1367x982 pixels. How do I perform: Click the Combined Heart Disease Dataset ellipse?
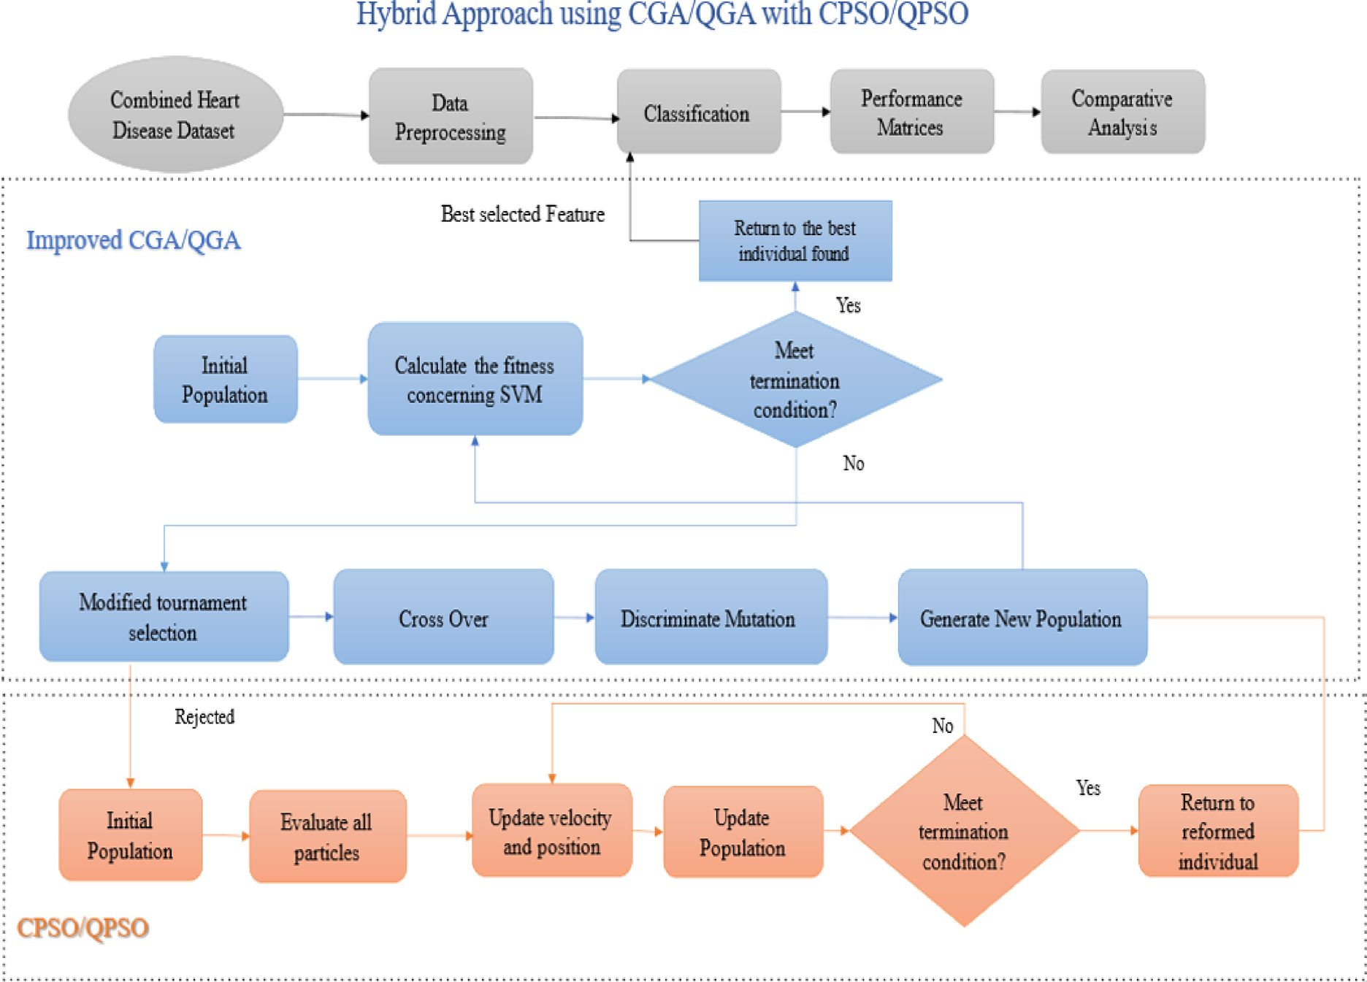point(175,115)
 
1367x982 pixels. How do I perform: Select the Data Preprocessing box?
point(451,117)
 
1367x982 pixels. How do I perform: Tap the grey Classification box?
point(698,113)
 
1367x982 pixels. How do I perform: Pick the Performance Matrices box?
point(911,112)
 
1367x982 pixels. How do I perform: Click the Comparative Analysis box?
point(1122,112)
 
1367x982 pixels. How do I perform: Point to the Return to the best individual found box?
point(795,241)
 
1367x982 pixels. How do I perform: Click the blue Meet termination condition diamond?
point(795,380)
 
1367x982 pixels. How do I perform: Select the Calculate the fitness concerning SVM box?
point(475,380)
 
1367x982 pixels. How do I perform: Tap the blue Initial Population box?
point(225,380)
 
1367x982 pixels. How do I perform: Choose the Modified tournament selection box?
point(164,617)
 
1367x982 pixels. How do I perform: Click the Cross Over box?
point(443,618)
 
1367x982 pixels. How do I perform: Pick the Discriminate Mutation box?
point(711,618)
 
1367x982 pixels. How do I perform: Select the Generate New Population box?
point(1022,618)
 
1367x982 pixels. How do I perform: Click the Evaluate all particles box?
point(327,836)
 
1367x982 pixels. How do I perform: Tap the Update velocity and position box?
point(551,831)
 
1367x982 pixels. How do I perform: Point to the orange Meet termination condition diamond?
point(964,831)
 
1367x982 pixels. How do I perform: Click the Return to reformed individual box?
point(1218,831)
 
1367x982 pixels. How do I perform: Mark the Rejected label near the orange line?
point(204,717)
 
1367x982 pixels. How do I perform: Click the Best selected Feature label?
point(523,214)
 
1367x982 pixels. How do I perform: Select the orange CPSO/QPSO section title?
point(83,928)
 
